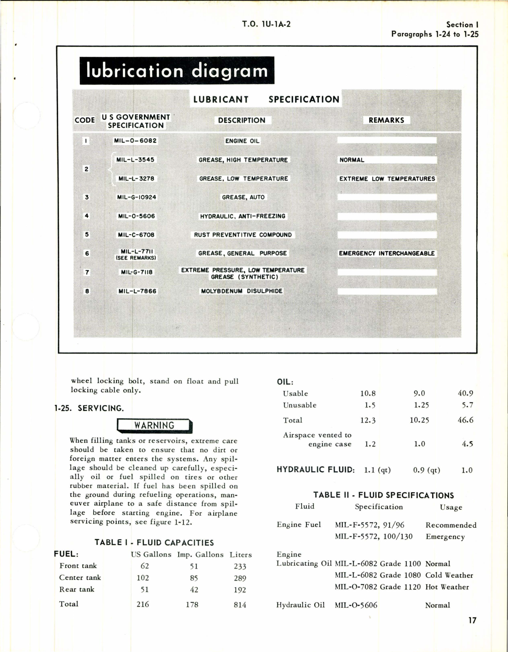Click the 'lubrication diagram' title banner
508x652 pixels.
pos(177,71)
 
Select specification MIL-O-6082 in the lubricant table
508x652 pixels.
pos(135,141)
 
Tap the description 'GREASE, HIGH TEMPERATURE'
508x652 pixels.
pos(243,160)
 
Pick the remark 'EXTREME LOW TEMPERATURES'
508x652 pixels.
pos(387,179)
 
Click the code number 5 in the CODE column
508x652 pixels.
pos(87,234)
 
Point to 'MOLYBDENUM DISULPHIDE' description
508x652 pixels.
pos(242,291)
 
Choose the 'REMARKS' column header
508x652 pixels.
pos(386,120)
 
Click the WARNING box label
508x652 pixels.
pos(154,425)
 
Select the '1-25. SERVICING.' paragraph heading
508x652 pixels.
pos(89,408)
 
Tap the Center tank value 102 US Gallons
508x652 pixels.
pos(143,578)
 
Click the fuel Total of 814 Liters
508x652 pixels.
pos(240,604)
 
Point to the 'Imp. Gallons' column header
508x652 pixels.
pos(200,554)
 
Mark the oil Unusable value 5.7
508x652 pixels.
pos(468,405)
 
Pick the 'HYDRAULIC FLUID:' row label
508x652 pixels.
pos(316,469)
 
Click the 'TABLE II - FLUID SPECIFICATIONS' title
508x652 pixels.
pos(383,495)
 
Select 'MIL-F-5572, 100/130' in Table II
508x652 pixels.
pos(374,536)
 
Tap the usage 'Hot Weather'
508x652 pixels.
pos(447,587)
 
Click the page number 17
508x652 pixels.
pos(472,620)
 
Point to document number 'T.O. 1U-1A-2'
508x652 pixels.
pos(266,24)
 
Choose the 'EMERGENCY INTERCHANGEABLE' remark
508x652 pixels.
pos(387,253)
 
